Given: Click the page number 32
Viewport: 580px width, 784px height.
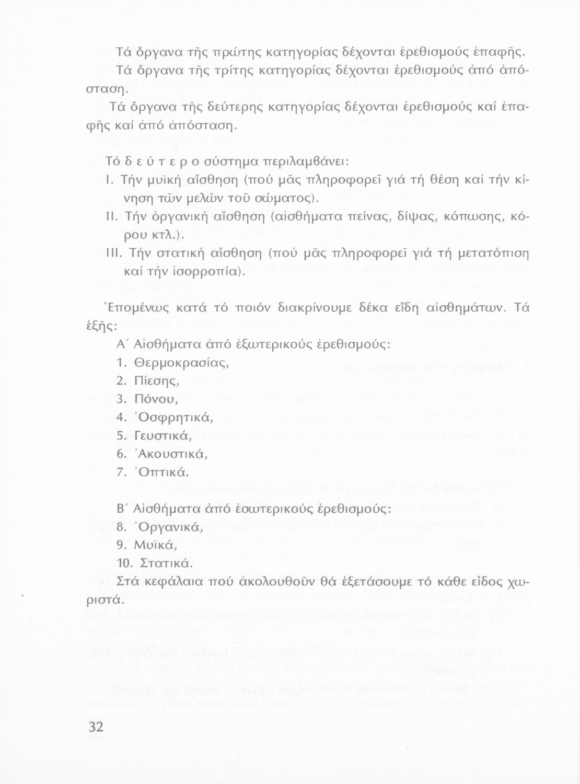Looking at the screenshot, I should [96, 727].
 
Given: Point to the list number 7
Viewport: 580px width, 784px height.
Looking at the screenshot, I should [121, 472].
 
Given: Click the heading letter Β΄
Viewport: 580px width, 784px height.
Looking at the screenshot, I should [123, 509].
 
